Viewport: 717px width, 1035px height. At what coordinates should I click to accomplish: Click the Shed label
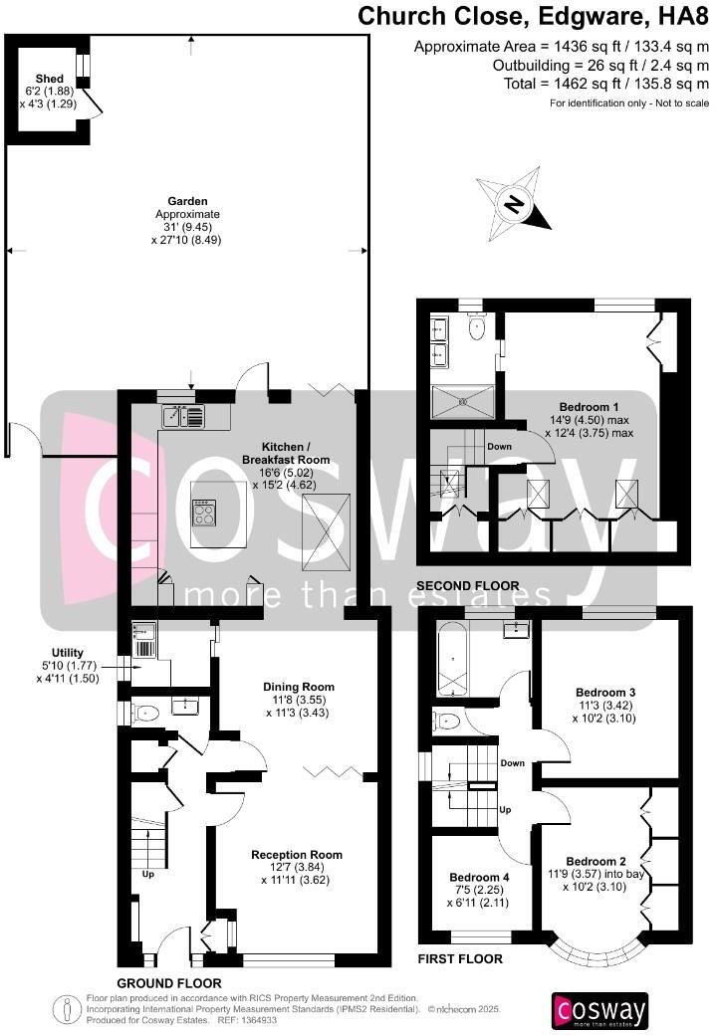click(x=49, y=79)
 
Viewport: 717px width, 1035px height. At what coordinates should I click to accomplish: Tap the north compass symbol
click(x=514, y=205)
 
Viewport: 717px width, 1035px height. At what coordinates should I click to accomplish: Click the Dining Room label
click(x=298, y=687)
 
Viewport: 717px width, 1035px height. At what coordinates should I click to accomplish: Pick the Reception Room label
click(x=296, y=855)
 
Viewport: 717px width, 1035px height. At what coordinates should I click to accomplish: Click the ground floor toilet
click(x=147, y=713)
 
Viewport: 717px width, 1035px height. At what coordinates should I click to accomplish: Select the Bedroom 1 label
click(x=589, y=407)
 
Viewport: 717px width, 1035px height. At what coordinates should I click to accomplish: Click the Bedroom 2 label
click(x=596, y=861)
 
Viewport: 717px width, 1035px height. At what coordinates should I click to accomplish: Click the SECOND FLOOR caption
click(x=467, y=585)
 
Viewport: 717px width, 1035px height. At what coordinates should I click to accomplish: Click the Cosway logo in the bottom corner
click(x=599, y=1010)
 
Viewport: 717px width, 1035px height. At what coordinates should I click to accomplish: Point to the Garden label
click(x=187, y=201)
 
